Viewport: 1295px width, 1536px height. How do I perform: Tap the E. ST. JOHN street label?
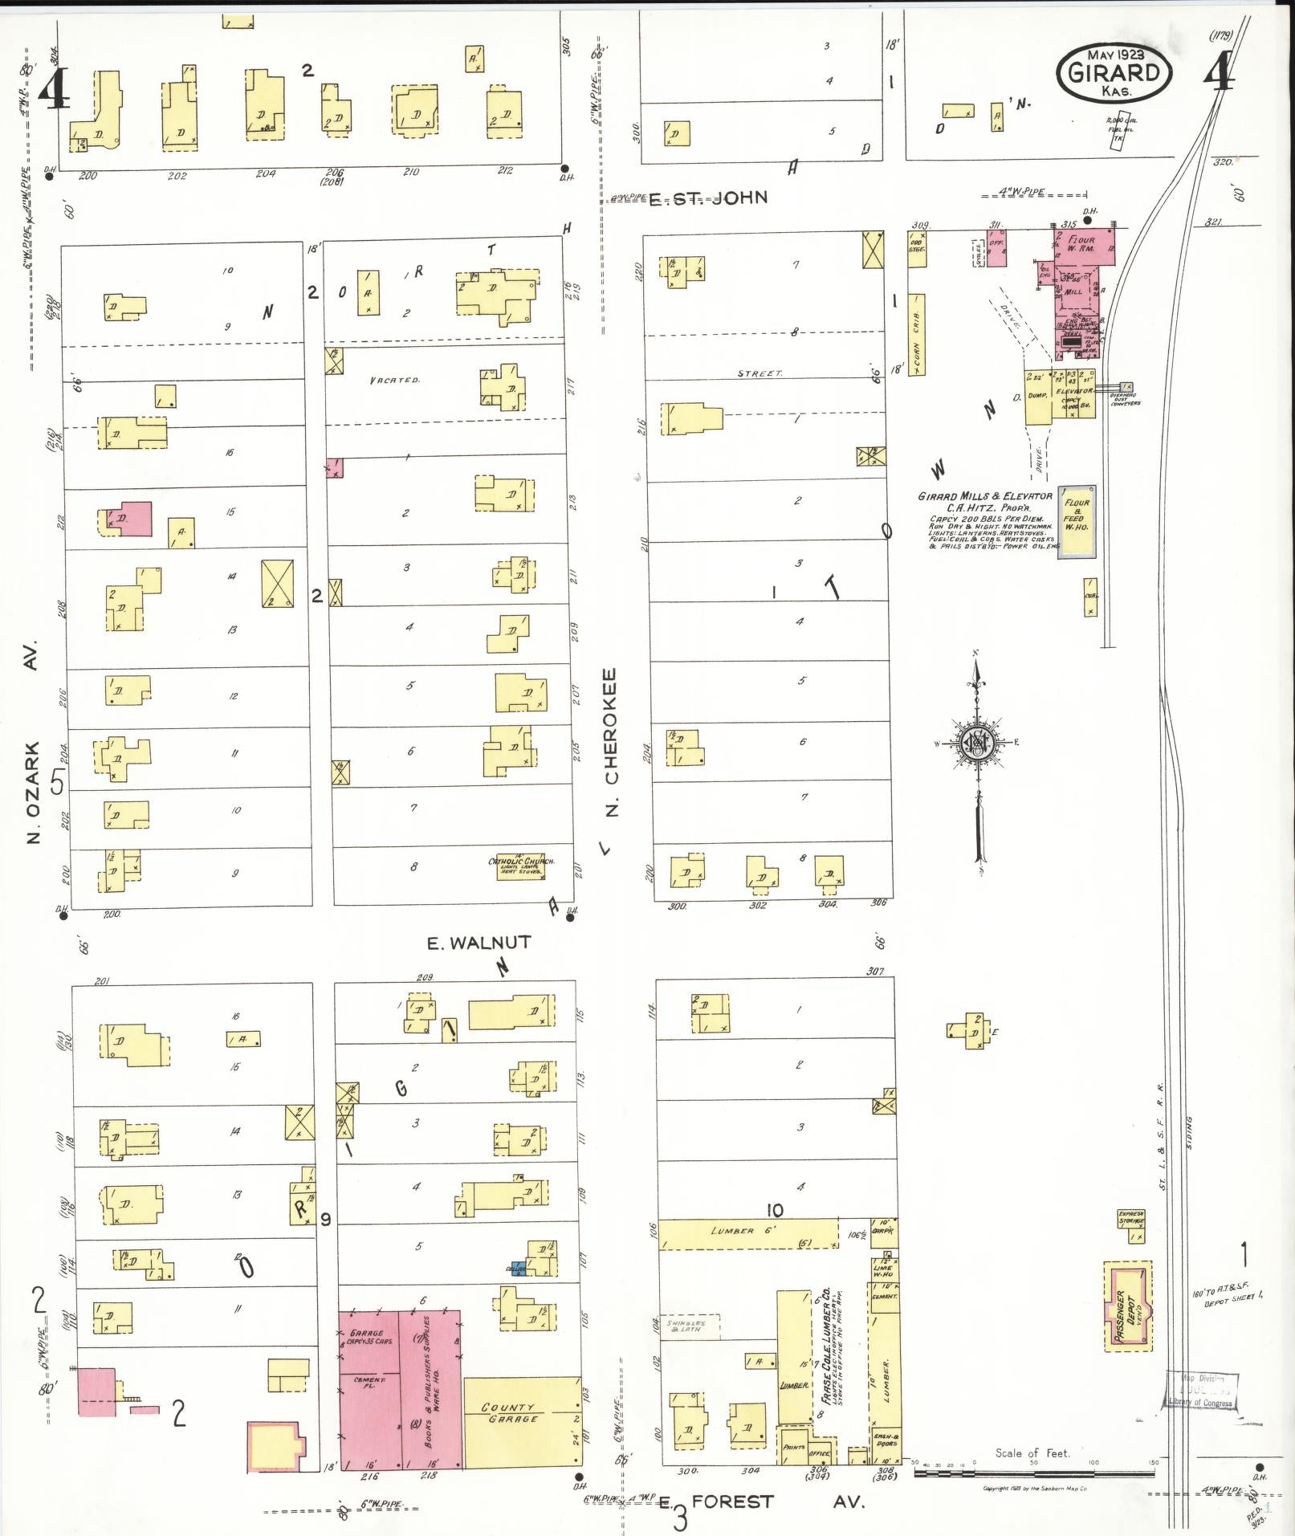click(x=708, y=198)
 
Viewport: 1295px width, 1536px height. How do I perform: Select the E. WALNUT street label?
click(x=478, y=943)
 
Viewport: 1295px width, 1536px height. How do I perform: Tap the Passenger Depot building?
click(x=1126, y=1306)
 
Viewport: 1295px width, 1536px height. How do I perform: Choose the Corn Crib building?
click(x=916, y=334)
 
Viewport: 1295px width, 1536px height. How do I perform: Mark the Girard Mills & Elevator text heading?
click(x=984, y=496)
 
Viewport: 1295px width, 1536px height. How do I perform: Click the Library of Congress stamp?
click(x=1201, y=1390)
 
